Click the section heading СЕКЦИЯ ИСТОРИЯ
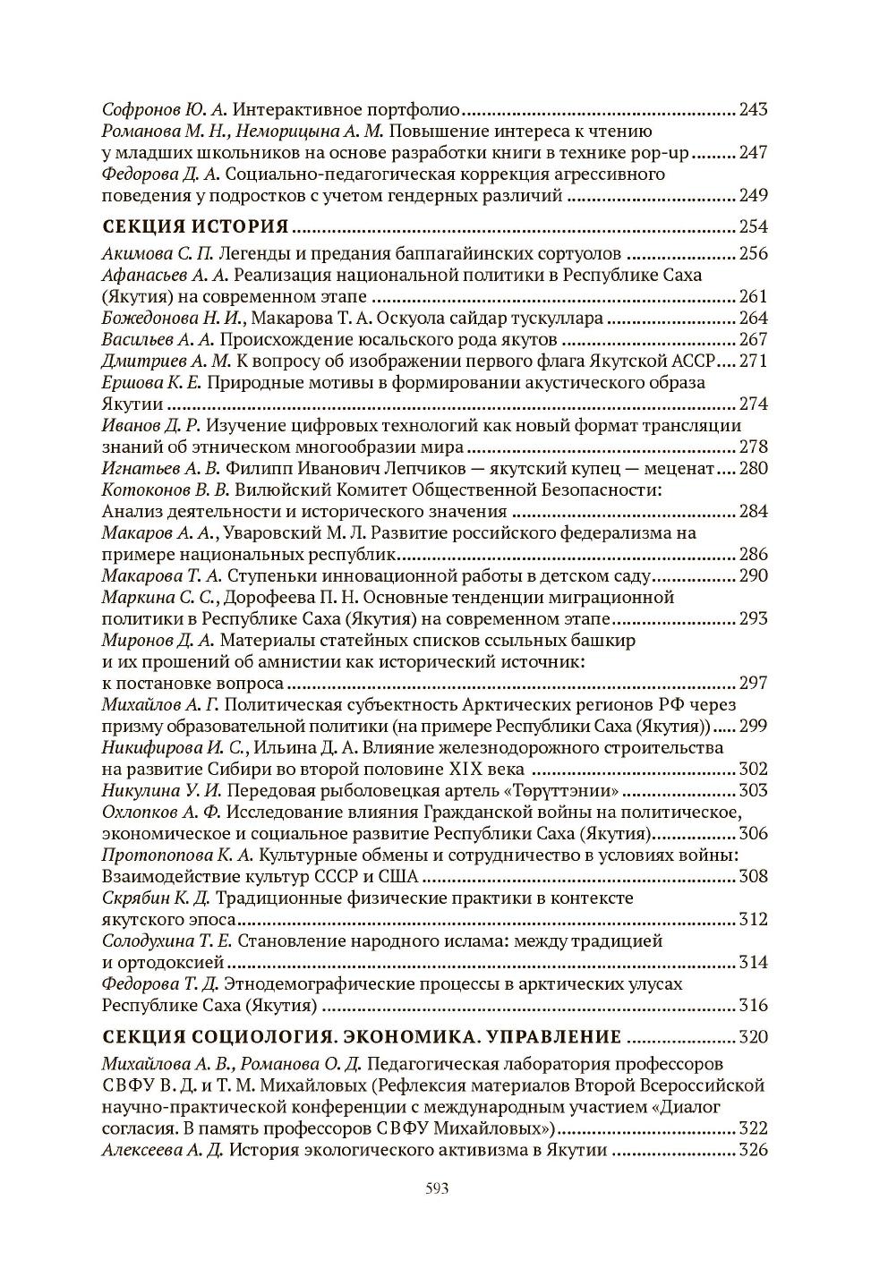[x=196, y=225]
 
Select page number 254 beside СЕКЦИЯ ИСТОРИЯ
[x=753, y=226]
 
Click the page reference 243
[x=753, y=110]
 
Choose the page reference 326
[x=753, y=1150]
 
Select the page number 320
[x=753, y=1037]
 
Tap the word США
[x=397, y=876]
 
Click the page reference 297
[x=753, y=683]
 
